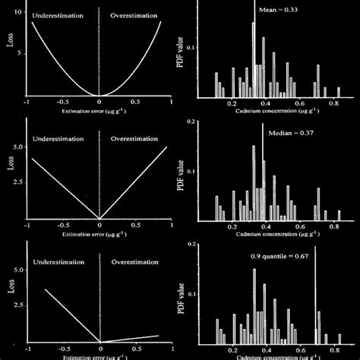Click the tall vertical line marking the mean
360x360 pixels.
pos(253,46)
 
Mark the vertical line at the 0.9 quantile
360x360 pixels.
pos(315,304)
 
